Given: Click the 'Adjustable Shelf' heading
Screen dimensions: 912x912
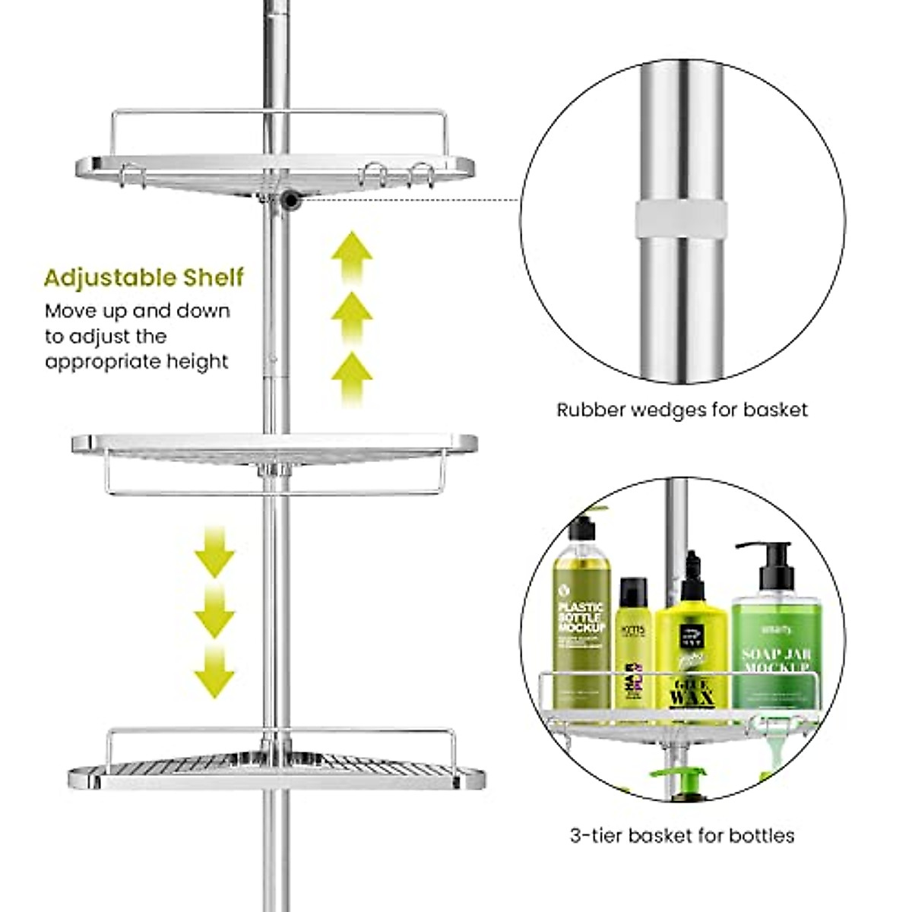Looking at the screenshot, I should (x=144, y=277).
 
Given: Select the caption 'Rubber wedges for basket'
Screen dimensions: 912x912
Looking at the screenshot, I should (x=682, y=410).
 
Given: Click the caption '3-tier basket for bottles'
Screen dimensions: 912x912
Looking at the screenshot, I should (x=682, y=836).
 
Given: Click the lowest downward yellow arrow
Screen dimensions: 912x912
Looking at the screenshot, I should (x=214, y=673).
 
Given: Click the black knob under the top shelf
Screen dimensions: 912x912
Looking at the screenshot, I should (x=290, y=200).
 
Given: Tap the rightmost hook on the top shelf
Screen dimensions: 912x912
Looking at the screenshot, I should (x=425, y=175).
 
